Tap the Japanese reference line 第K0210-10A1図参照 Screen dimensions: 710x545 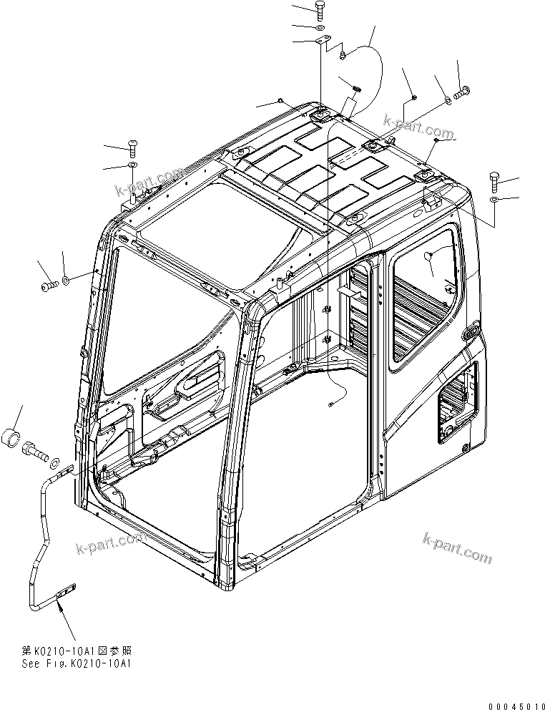[77, 651]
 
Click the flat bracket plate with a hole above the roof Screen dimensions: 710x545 [321, 43]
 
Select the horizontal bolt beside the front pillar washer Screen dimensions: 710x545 [49, 286]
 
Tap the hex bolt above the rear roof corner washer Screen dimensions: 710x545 [495, 178]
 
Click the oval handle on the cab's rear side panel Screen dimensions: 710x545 [471, 334]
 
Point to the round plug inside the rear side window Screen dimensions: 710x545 [429, 256]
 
